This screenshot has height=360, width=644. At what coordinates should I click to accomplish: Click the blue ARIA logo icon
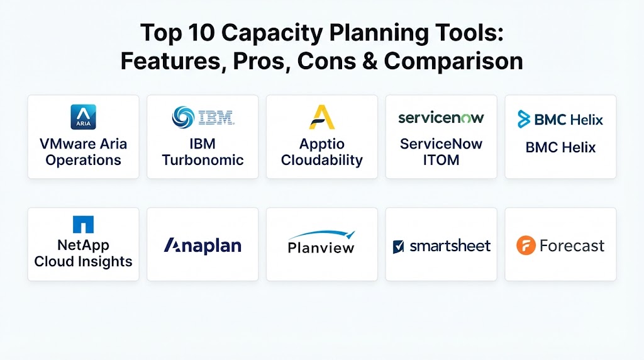tap(84, 116)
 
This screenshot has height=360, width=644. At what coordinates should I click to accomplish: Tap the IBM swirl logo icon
tap(183, 117)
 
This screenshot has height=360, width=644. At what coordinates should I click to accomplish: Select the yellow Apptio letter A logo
tap(322, 117)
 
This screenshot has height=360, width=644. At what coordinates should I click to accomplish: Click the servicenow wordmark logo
tap(441, 118)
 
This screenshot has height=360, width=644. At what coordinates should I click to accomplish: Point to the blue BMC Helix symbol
tap(524, 119)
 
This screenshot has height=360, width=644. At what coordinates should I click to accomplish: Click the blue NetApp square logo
tap(84, 225)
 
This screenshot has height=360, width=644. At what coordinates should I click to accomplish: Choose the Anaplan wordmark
tap(203, 245)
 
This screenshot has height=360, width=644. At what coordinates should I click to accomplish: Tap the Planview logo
tap(321, 242)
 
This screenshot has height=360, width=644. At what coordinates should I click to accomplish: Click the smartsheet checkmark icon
tap(398, 247)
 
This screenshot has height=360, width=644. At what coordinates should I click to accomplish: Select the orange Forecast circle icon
tap(526, 245)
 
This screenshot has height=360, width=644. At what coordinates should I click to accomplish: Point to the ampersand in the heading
tap(370, 61)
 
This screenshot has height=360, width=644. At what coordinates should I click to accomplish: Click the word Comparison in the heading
tap(453, 62)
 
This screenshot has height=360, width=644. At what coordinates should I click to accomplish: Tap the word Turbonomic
tap(203, 160)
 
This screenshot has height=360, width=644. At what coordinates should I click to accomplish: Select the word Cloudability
tap(322, 160)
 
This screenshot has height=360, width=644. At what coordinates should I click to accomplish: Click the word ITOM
tap(441, 160)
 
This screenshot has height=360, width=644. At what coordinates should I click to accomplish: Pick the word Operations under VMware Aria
tap(84, 160)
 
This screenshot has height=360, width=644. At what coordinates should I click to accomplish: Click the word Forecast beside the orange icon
tap(572, 245)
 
